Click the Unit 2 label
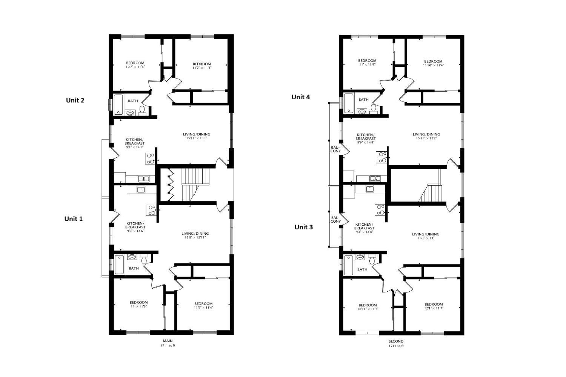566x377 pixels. tap(75, 100)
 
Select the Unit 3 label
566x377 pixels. tap(303, 227)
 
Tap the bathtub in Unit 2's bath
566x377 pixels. tap(118, 105)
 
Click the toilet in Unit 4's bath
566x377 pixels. tap(374, 109)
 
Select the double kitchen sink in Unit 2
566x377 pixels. tap(143, 178)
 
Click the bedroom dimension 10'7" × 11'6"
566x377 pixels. tap(135, 67)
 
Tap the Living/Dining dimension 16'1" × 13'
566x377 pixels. tap(425, 238)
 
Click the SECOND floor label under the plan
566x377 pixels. tap(396, 341)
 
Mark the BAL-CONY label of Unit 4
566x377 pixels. tap(335, 149)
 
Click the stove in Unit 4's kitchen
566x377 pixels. tap(381, 157)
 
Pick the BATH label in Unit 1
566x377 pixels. tap(134, 268)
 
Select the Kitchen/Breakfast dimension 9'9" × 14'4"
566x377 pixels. tap(366, 142)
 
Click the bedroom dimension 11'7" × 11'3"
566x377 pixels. tap(201, 68)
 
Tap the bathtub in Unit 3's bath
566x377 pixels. tap(348, 265)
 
